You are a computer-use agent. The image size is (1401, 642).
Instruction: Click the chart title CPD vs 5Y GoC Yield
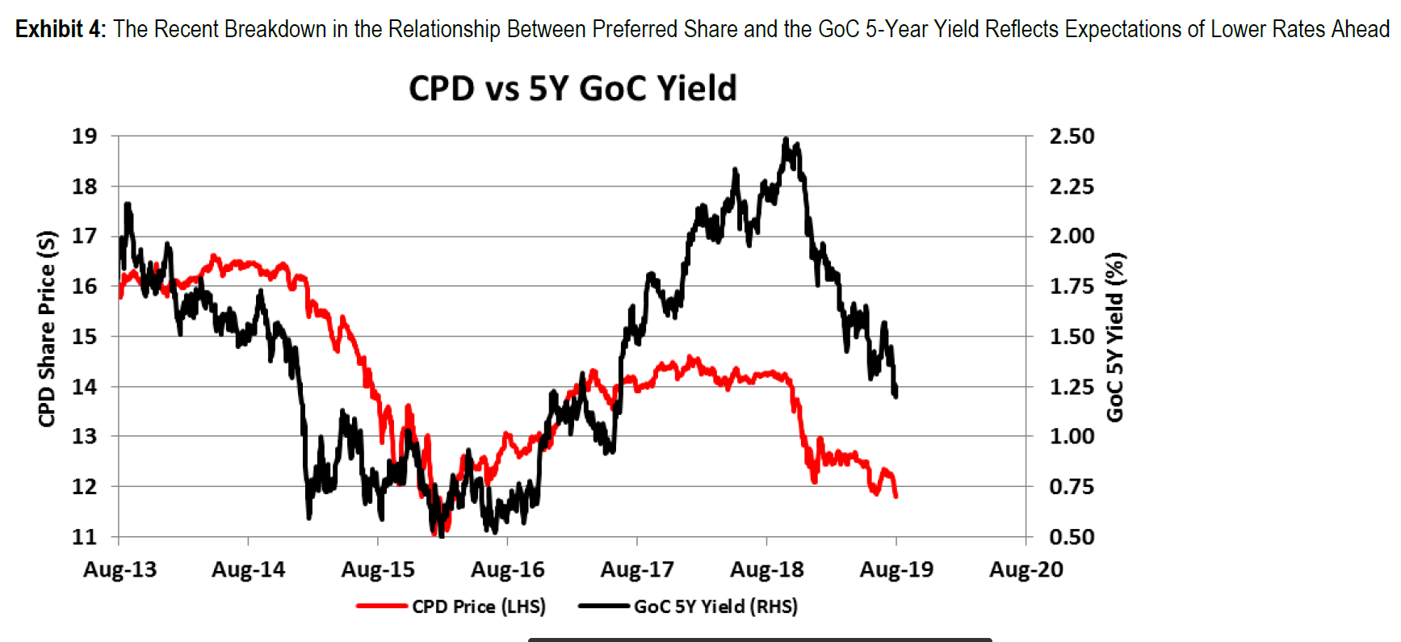573,88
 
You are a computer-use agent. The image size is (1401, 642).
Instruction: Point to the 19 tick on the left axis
84,136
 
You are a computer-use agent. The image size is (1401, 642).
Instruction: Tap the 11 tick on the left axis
84,536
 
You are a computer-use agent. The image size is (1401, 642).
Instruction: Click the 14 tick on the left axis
84,386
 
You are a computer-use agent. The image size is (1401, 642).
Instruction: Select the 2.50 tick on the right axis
1072,136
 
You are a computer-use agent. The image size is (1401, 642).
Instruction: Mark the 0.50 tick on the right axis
1072,536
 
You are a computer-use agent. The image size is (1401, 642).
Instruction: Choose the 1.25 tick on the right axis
1072,386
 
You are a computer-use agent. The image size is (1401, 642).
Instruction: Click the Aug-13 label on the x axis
120,569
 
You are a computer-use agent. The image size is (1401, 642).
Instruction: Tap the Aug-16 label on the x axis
507,569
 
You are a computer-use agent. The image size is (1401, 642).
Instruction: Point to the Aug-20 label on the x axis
1026,569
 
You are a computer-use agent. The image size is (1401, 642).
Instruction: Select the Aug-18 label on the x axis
766,569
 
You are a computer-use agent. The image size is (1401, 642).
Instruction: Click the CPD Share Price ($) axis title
47,329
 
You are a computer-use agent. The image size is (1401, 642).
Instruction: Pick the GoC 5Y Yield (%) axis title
1115,337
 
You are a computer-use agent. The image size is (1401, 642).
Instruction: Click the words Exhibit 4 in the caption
60,29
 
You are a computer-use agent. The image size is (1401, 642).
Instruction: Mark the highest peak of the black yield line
786,140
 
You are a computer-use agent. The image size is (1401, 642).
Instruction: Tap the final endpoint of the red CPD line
896,496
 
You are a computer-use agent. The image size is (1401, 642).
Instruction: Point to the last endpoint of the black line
896,395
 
